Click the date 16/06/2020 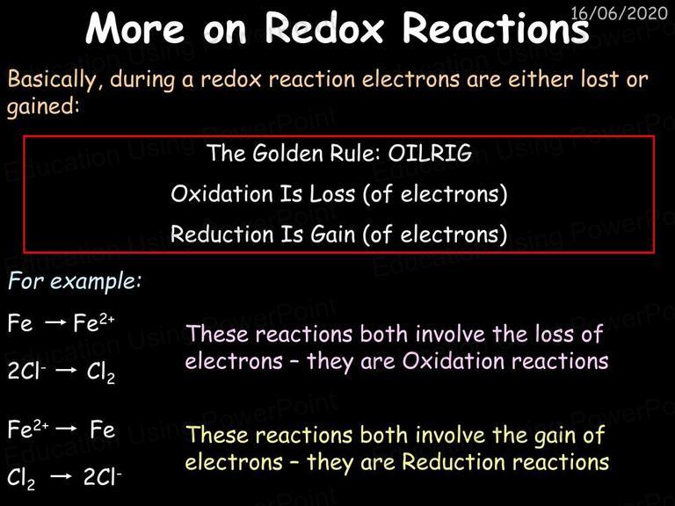[619, 13]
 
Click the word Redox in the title [324, 27]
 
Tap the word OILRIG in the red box [430, 153]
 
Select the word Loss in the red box [332, 194]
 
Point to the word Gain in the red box [333, 235]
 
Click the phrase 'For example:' [75, 281]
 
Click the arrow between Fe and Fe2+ [56, 322]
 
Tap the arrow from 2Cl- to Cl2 [66, 371]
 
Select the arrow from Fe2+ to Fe [66, 428]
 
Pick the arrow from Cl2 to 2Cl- [61, 476]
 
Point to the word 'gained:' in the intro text [43, 106]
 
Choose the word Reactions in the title [496, 27]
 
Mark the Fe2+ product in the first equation [94, 322]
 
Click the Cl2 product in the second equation [101, 372]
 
